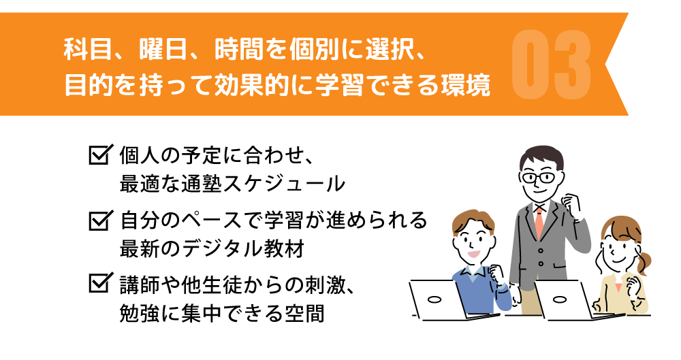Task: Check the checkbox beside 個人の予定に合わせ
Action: pos(99,154)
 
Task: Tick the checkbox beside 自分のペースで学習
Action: pos(99,220)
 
